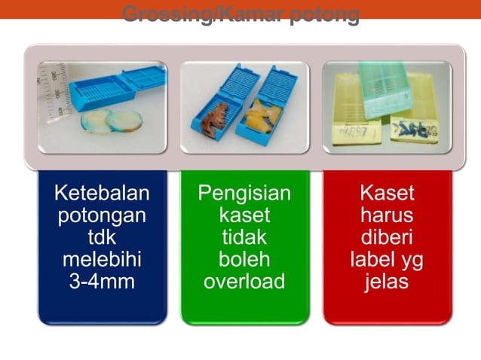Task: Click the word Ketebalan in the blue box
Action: click(102, 194)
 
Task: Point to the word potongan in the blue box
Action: click(102, 216)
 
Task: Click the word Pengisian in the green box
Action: click(244, 194)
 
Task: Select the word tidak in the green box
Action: click(244, 238)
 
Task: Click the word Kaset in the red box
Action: click(387, 194)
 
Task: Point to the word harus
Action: click(387, 216)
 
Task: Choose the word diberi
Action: click(387, 238)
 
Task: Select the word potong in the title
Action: click(326, 14)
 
